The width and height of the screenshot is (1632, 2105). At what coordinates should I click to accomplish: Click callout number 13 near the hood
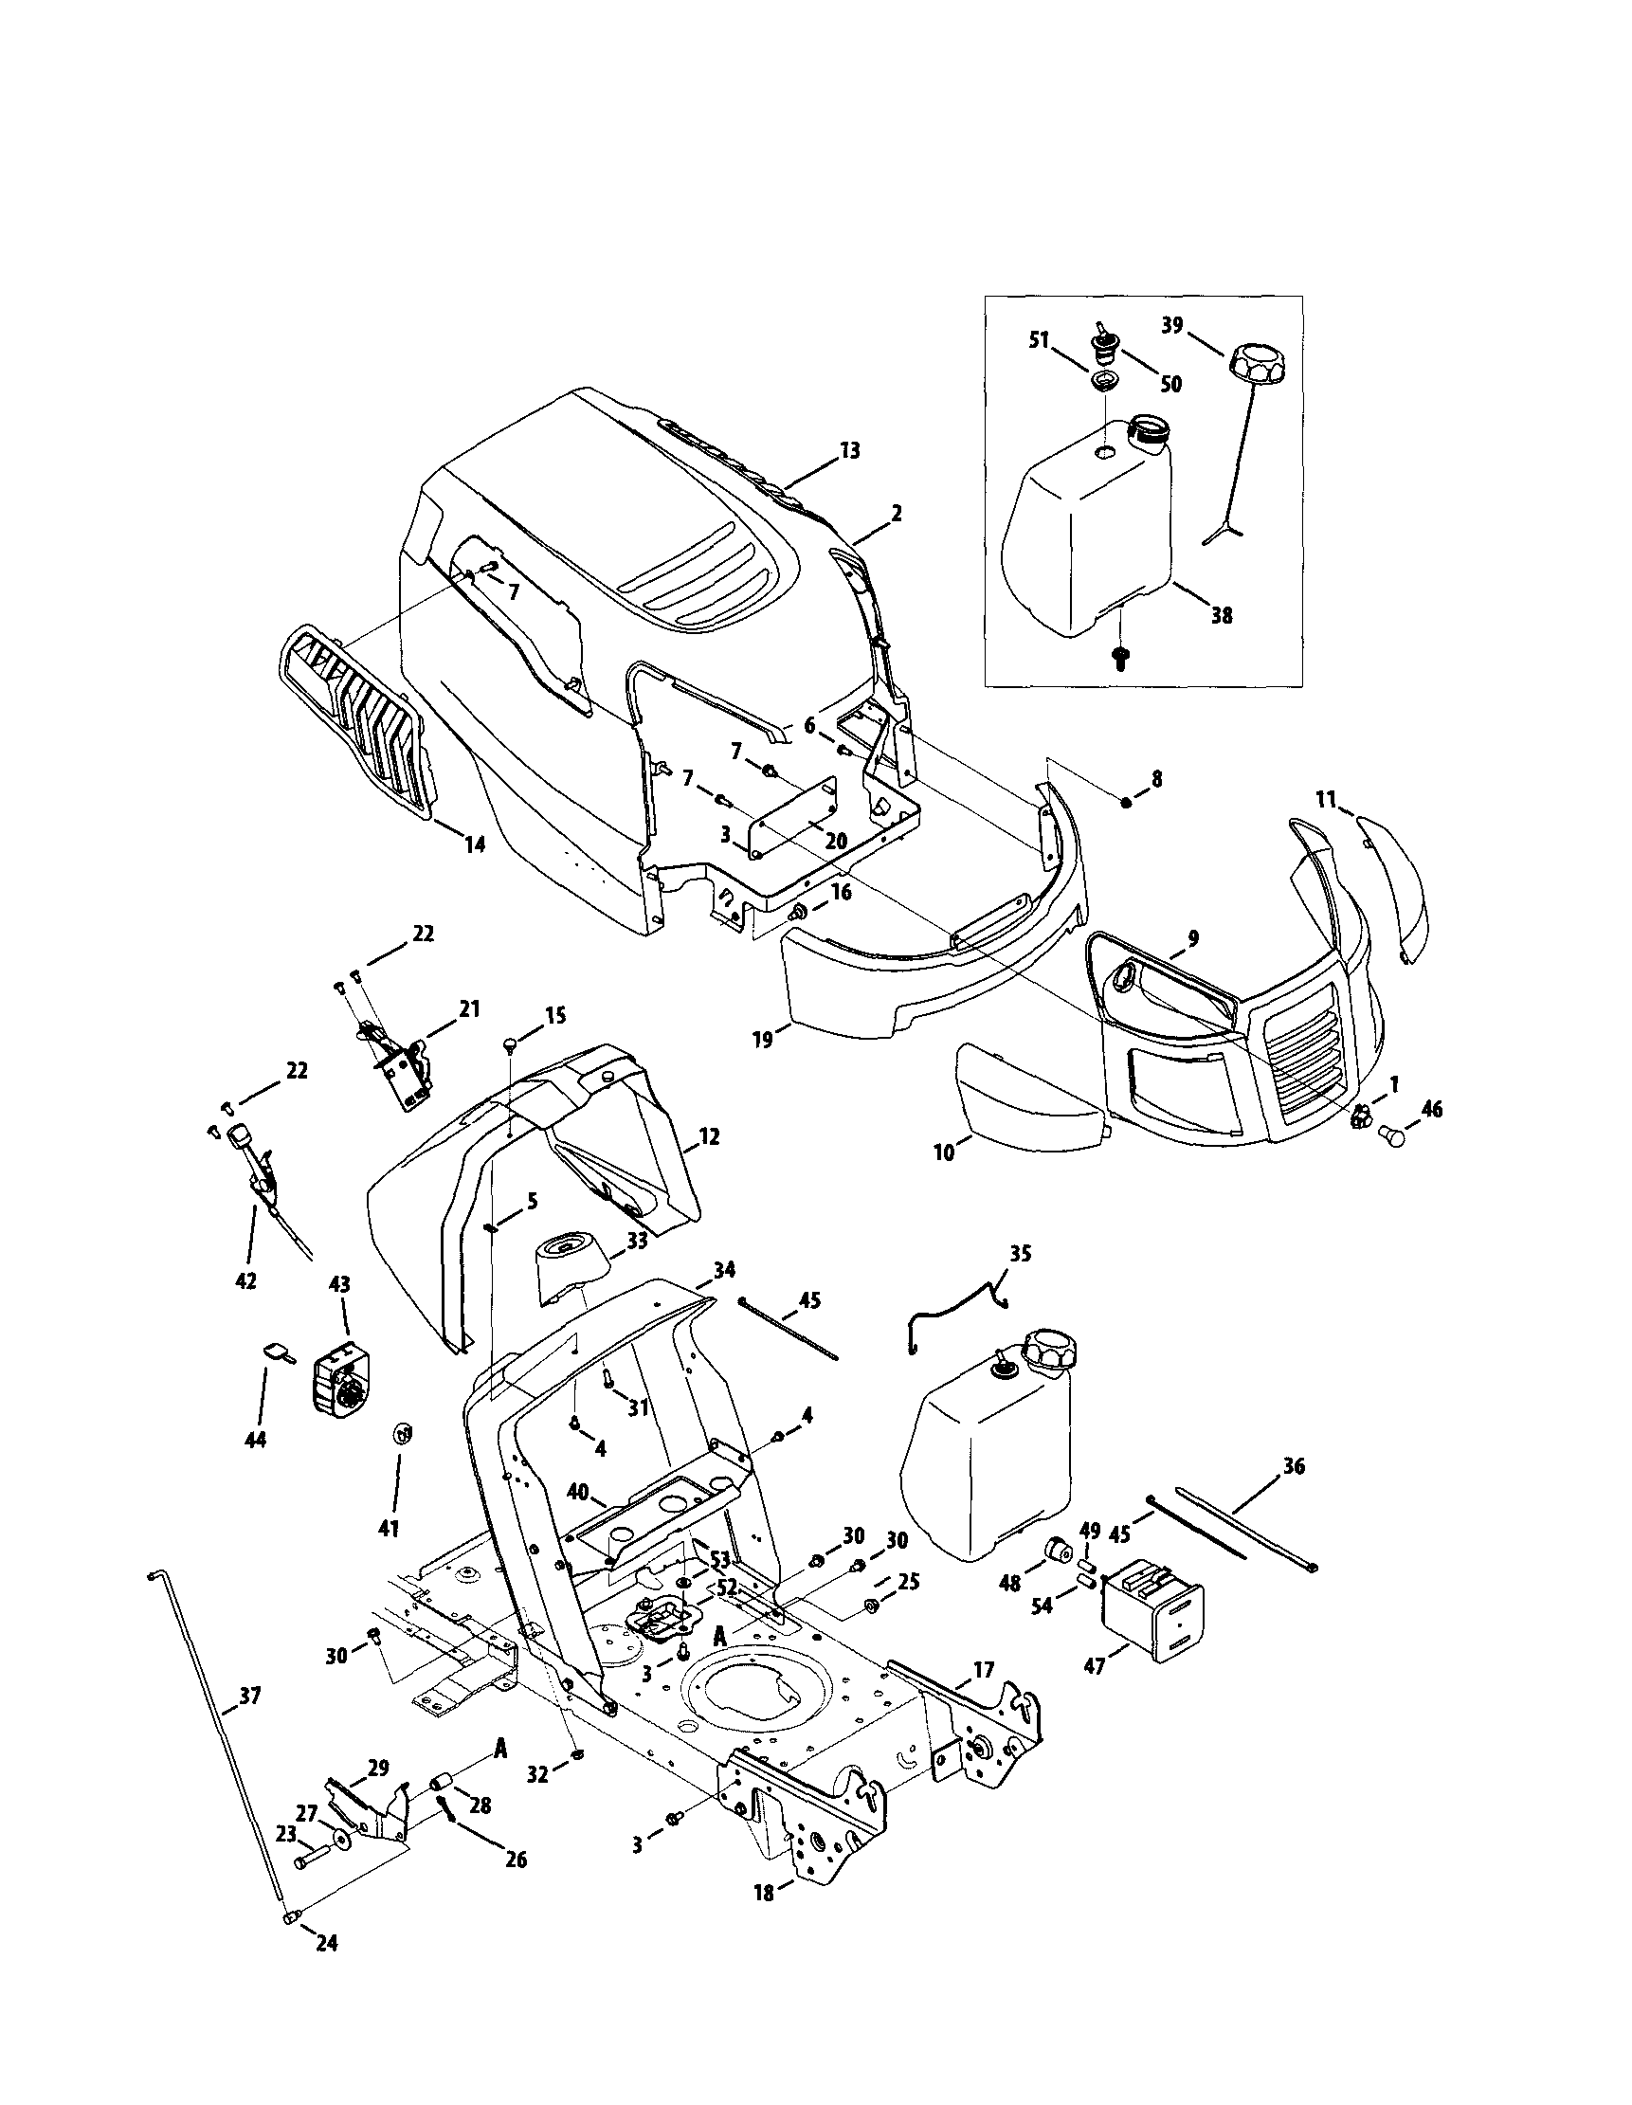click(x=850, y=450)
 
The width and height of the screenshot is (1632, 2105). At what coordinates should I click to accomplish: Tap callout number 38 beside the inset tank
click(x=1222, y=615)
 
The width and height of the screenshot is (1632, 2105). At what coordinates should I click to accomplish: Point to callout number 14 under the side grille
click(x=474, y=844)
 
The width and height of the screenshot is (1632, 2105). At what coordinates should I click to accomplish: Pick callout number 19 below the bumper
click(x=764, y=1041)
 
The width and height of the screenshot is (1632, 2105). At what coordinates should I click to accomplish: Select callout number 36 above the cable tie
click(x=1295, y=1493)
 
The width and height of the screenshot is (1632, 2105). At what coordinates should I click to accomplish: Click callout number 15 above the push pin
click(x=555, y=1015)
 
